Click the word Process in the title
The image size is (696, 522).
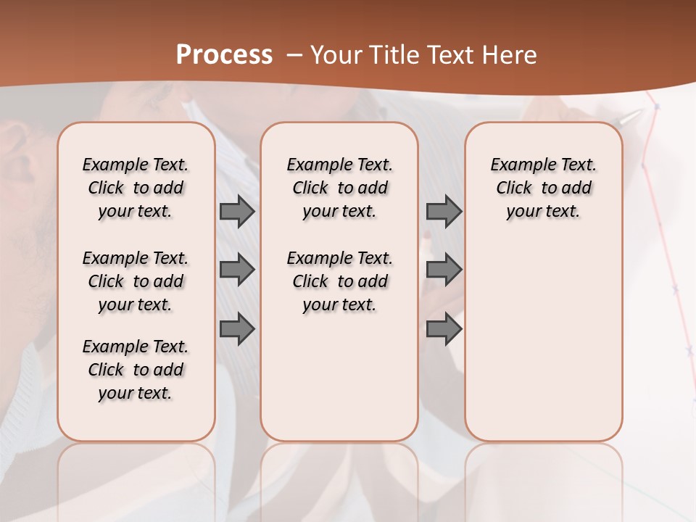click(x=224, y=54)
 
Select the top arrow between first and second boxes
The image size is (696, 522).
click(x=237, y=211)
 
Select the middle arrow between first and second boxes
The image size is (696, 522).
click(x=237, y=270)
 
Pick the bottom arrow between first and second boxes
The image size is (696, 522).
click(x=237, y=330)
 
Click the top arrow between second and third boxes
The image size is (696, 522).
click(x=444, y=211)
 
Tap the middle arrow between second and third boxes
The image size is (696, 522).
click(x=444, y=270)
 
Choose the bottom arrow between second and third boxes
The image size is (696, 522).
click(x=444, y=330)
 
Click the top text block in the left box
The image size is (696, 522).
click(x=136, y=188)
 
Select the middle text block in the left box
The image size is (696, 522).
click(x=136, y=281)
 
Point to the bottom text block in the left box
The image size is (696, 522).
click(x=136, y=370)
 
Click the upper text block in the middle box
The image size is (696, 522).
click(x=340, y=188)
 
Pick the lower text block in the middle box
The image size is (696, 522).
click(x=340, y=281)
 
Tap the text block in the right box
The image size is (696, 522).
click(x=544, y=188)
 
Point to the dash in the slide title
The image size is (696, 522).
click(x=294, y=55)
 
